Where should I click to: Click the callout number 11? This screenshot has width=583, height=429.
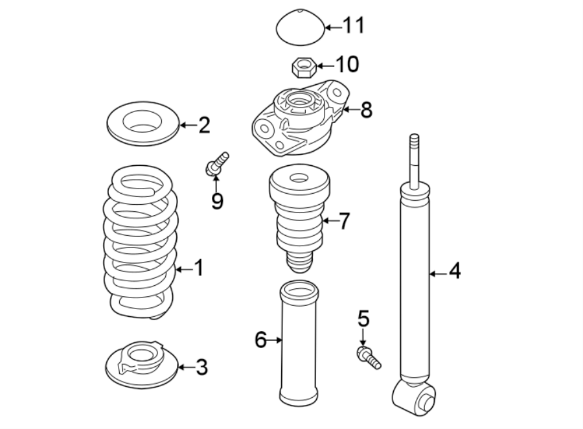354,26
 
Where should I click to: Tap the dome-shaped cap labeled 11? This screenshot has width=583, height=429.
298,27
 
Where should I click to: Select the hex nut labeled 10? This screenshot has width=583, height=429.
303,65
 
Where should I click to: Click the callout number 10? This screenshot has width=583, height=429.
347,64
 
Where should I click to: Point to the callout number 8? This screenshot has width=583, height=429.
366,110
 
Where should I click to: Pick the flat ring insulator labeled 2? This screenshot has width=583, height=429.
142,123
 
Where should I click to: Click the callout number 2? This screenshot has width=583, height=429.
204,124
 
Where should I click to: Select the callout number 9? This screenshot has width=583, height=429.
217,201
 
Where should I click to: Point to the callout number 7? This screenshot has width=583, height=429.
344,222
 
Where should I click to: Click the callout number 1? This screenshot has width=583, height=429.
198,268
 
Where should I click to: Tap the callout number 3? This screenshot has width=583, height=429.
201,367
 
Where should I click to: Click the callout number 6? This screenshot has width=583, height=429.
260,339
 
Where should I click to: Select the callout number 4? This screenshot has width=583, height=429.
455,270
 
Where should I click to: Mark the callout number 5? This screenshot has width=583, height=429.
363,318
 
